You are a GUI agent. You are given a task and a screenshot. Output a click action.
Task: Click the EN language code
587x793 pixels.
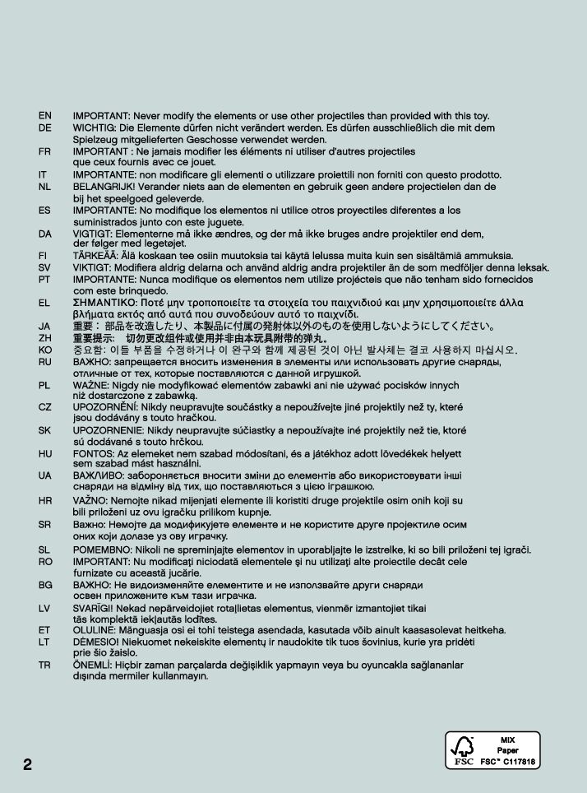[x=44, y=116]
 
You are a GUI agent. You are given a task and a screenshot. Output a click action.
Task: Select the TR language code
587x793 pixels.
[x=44, y=665]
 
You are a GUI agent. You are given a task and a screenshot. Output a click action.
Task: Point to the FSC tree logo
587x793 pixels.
[x=463, y=749]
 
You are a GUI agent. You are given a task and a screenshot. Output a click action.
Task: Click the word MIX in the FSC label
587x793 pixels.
[x=508, y=740]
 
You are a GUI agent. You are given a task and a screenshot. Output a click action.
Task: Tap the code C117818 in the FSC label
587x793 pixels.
[x=520, y=763]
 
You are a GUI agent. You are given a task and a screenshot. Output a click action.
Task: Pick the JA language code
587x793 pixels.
[x=44, y=327]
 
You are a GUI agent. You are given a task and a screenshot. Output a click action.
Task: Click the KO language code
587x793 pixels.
[x=44, y=350]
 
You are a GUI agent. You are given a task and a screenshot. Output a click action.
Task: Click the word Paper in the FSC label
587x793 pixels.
[x=508, y=751]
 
